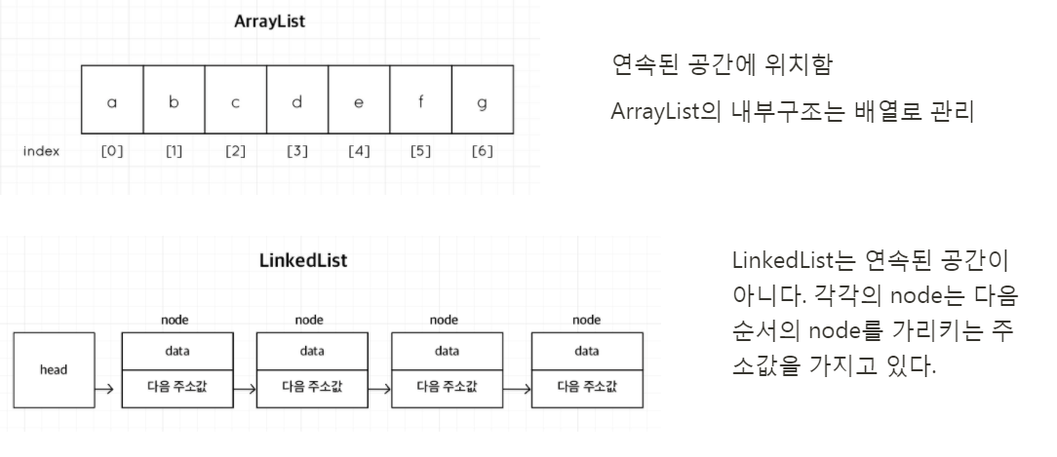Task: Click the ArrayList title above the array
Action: pos(270,20)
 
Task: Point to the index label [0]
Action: pos(112,153)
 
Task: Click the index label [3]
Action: pos(296,153)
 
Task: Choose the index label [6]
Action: pos(482,153)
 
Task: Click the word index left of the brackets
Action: pos(43,153)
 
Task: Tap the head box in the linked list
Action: pos(54,370)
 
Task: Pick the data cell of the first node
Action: pos(177,351)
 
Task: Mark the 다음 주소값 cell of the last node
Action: pos(586,386)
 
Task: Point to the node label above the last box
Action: pos(586,319)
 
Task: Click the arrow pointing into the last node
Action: pos(517,387)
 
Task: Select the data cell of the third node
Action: pos(447,351)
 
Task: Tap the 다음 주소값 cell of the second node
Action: pos(312,386)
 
